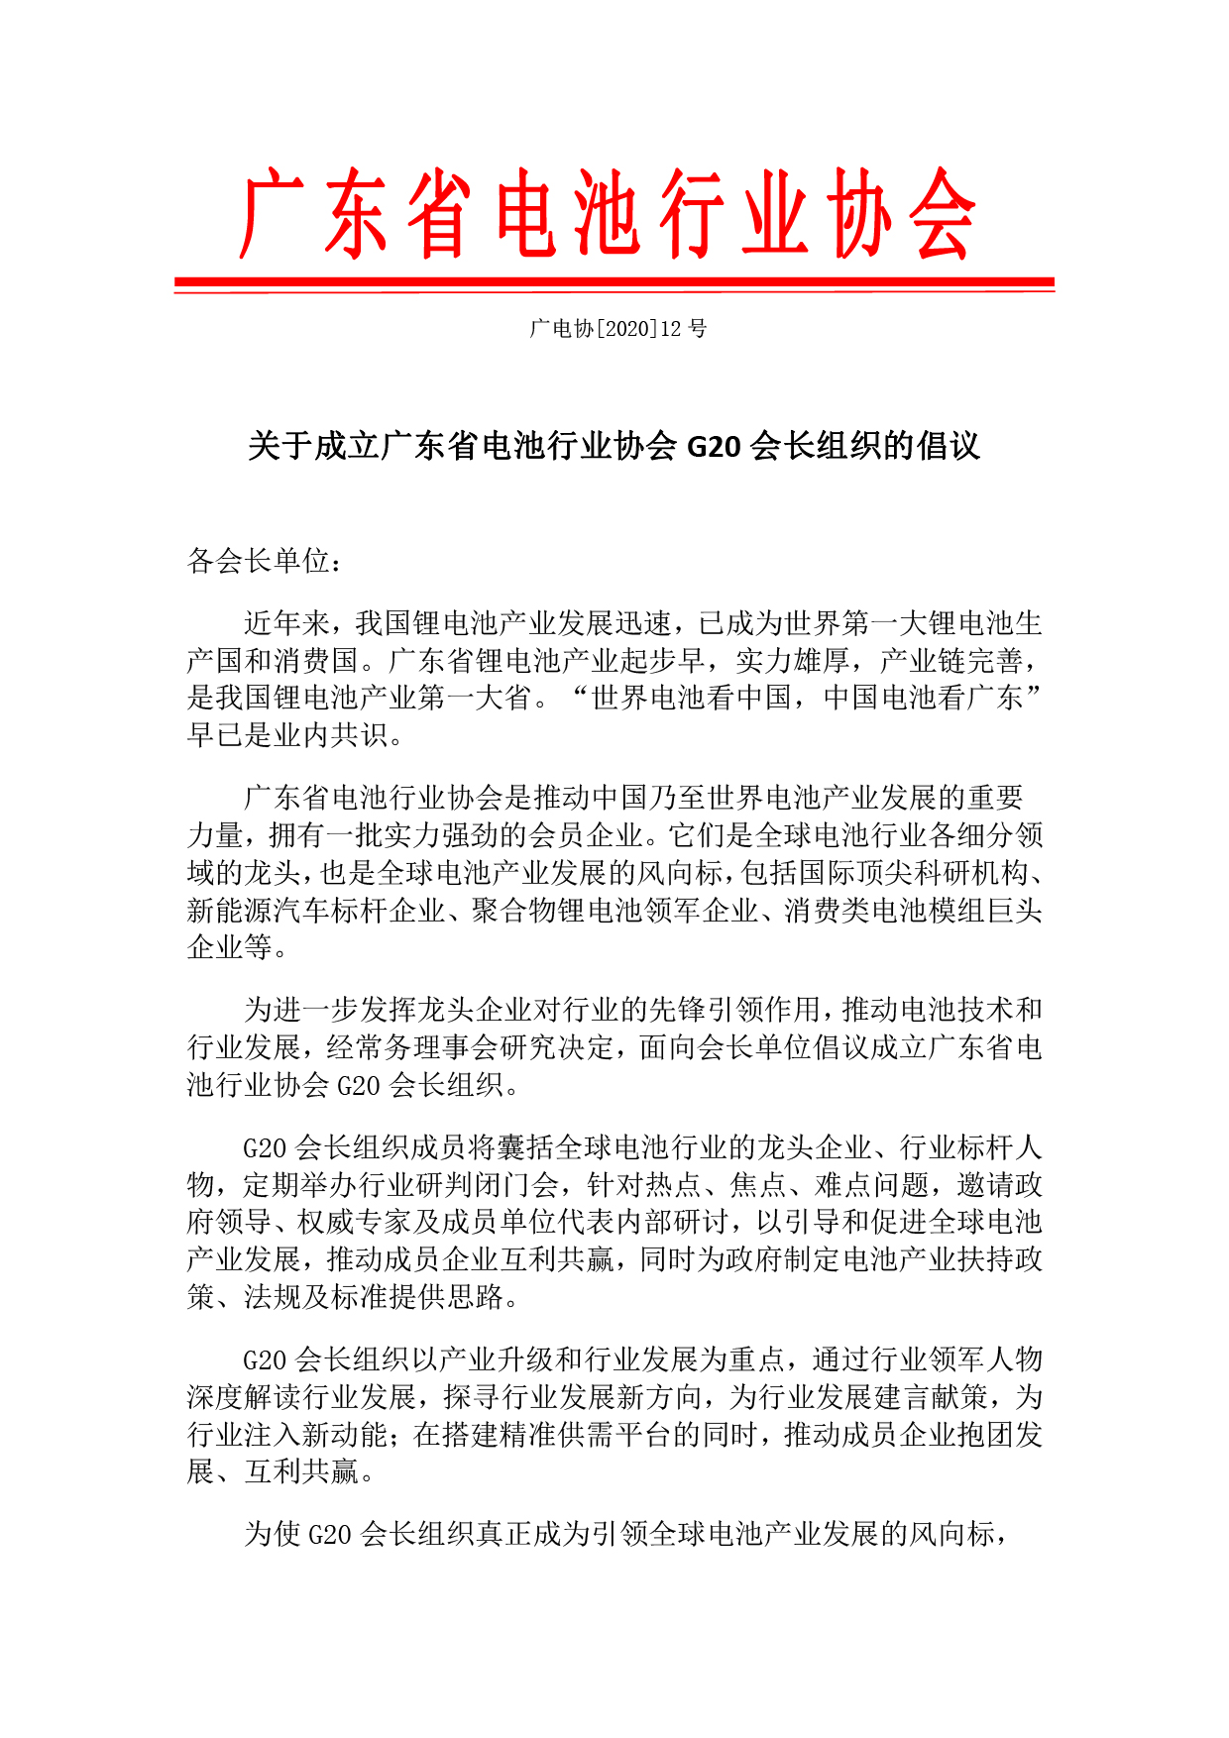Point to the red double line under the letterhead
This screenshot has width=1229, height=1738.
(x=614, y=284)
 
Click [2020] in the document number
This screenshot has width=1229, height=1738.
(x=625, y=329)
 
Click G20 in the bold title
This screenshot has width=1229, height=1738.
(x=714, y=447)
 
